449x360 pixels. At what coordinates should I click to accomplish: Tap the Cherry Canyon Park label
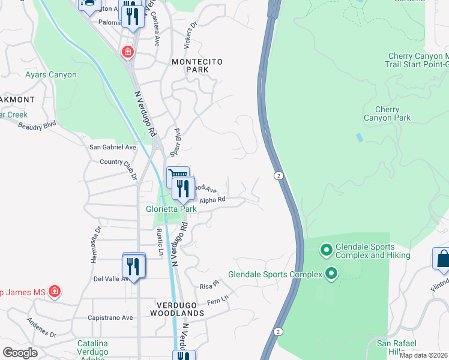pyautogui.click(x=387, y=113)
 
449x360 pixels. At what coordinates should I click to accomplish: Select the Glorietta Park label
pyautogui.click(x=171, y=209)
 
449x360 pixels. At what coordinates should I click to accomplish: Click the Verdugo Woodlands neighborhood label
pyautogui.click(x=176, y=309)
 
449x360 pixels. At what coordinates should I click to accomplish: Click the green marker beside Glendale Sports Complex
pyautogui.click(x=331, y=275)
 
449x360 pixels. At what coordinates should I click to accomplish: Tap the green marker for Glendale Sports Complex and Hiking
pyautogui.click(x=327, y=248)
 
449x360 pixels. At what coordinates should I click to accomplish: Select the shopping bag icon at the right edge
pyautogui.click(x=442, y=259)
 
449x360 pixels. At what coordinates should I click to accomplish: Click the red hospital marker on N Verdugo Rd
pyautogui.click(x=127, y=52)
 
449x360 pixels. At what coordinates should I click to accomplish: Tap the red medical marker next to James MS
pyautogui.click(x=55, y=292)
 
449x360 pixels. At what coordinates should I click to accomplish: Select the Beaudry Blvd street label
pyautogui.click(x=37, y=127)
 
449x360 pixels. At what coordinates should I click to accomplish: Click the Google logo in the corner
pyautogui.click(x=20, y=353)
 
